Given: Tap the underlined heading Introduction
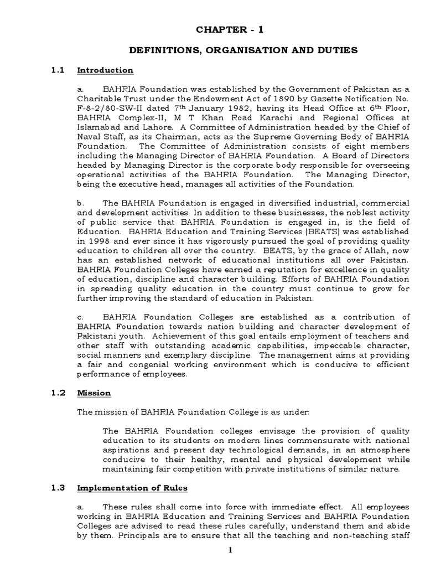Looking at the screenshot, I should pyautogui.click(x=105, y=70).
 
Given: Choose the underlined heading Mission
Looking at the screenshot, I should pyautogui.click(x=94, y=393).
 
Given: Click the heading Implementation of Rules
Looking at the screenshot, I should pyautogui.click(x=132, y=488).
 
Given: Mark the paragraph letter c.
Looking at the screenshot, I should pyautogui.click(x=80, y=317).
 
